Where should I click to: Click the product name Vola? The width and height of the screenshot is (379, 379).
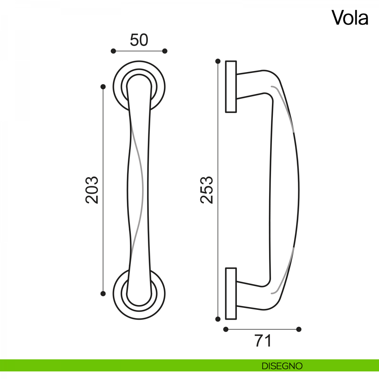[x=350, y=18]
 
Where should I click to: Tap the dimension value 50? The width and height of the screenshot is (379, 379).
[x=139, y=40]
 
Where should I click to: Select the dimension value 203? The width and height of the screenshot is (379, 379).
[x=92, y=190]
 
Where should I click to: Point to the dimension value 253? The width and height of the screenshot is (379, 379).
[x=207, y=190]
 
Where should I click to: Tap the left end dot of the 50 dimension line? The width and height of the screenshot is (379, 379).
[x=113, y=51]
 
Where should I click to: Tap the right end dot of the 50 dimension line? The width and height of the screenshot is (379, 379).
[x=165, y=51]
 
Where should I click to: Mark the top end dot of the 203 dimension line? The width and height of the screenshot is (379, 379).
[x=103, y=87]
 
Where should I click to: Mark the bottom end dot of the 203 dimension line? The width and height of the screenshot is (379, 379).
[x=103, y=294]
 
